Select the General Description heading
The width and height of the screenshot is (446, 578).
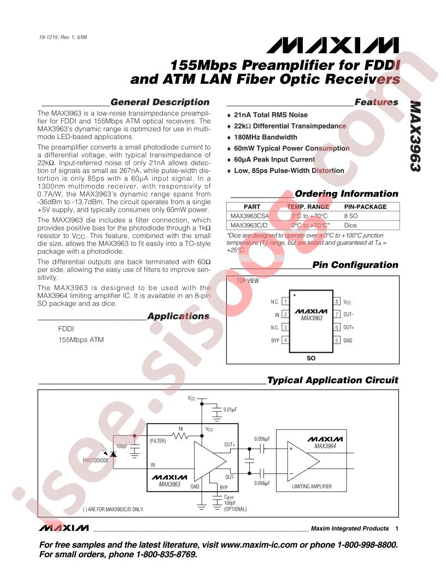click(x=160, y=102)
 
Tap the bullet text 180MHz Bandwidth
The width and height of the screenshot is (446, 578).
click(x=265, y=137)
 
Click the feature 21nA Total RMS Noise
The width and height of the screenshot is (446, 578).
click(x=271, y=115)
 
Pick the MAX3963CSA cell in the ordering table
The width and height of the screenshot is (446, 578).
click(x=249, y=216)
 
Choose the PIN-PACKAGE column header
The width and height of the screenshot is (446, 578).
click(x=365, y=207)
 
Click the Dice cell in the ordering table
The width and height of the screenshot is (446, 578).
click(x=350, y=225)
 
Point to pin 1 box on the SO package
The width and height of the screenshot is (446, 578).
click(x=285, y=302)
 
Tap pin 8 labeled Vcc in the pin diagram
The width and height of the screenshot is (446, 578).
click(x=337, y=302)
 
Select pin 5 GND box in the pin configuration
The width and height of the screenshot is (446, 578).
click(x=337, y=340)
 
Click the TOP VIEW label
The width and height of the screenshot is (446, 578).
click(x=247, y=281)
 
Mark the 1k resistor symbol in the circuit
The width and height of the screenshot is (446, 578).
click(x=181, y=436)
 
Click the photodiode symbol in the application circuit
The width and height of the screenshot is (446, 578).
click(x=113, y=454)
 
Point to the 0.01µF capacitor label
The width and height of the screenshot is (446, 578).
click(x=230, y=409)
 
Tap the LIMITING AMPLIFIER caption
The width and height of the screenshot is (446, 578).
click(x=312, y=486)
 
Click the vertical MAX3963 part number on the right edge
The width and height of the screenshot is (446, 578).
click(x=415, y=136)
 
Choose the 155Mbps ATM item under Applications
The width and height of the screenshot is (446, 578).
click(x=81, y=340)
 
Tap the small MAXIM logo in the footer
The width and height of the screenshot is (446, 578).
click(x=64, y=528)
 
